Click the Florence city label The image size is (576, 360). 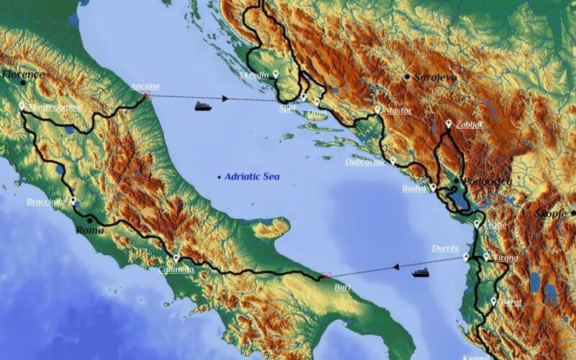(x=24, y=74)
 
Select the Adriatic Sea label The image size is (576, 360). (x=251, y=176)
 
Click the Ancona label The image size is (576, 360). (x=145, y=86)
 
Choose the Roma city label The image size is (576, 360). (x=90, y=230)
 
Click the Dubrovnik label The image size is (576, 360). (x=365, y=162)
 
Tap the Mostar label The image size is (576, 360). (x=398, y=111)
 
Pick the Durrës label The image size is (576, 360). (x=445, y=248)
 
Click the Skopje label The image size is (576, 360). (x=551, y=214)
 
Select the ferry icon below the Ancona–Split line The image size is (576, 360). (x=203, y=107)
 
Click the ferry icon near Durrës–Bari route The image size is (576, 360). (x=420, y=272)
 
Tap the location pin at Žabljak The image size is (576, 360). (x=449, y=124)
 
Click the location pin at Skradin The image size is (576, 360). (x=276, y=73)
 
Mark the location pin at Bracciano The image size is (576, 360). (x=73, y=201)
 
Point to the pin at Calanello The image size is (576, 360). (x=176, y=258)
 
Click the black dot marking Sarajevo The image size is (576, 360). (x=408, y=76)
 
